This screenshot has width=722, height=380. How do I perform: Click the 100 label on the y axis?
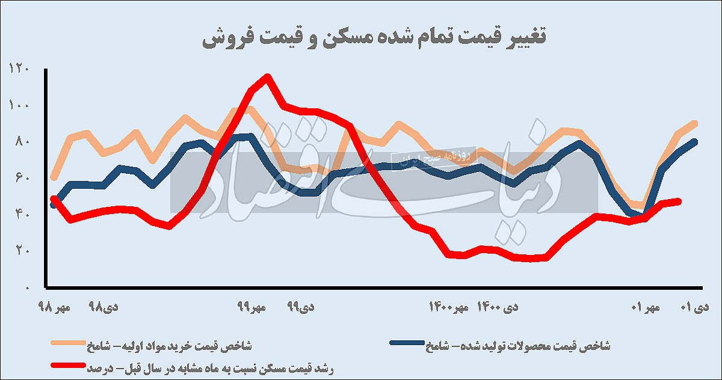click(19, 106)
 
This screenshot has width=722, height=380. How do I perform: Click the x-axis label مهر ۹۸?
click(55, 307)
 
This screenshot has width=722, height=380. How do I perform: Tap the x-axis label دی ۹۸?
click(103, 307)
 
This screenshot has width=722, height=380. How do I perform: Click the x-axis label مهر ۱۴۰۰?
click(448, 307)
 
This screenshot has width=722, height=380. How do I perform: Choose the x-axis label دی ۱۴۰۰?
click(497, 307)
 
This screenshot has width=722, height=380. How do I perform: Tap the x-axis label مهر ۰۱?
click(646, 307)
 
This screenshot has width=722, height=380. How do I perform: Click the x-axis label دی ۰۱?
click(694, 307)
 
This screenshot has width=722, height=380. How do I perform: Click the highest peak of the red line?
click(267, 76)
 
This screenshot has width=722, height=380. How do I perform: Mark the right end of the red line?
click(680, 201)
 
